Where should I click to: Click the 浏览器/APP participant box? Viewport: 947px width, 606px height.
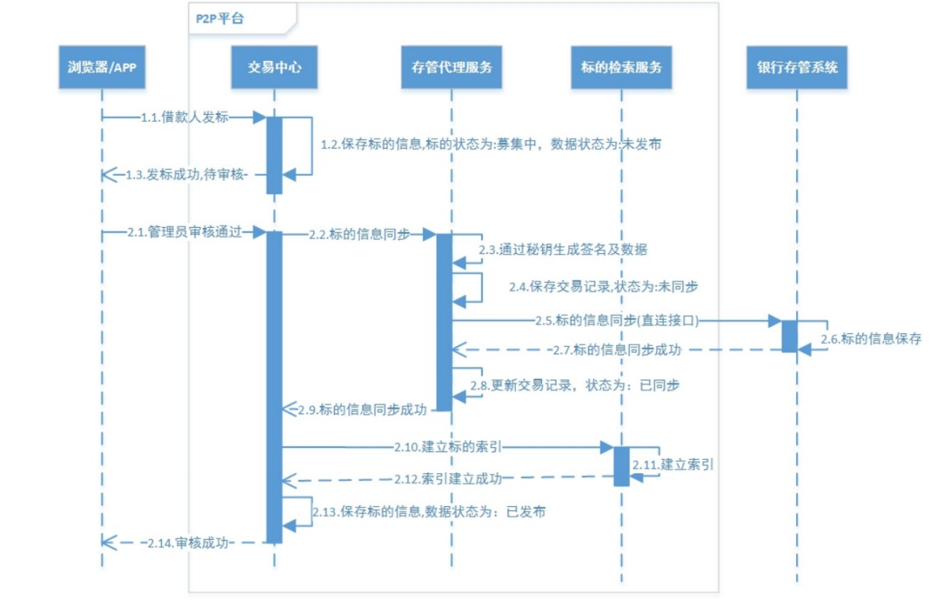pos(102,68)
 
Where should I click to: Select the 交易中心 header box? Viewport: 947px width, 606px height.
pos(274,68)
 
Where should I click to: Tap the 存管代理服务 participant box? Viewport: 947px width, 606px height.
pos(451,68)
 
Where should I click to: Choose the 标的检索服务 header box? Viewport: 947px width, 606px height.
pos(621,68)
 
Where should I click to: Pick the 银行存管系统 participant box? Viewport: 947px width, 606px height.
pos(796,68)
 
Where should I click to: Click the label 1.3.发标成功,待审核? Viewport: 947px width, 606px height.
pos(187,174)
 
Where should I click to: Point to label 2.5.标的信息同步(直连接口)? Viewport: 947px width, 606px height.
pos(615,320)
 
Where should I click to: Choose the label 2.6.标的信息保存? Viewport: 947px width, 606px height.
pos(870,340)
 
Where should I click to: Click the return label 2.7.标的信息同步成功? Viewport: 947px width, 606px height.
pos(616,349)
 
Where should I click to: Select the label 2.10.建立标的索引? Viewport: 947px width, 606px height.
pos(448,447)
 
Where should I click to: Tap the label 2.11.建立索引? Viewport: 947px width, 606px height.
pos(675,465)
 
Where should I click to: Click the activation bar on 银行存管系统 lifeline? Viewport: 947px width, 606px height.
pos(789,336)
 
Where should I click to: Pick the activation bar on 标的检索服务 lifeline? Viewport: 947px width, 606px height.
pos(621,466)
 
